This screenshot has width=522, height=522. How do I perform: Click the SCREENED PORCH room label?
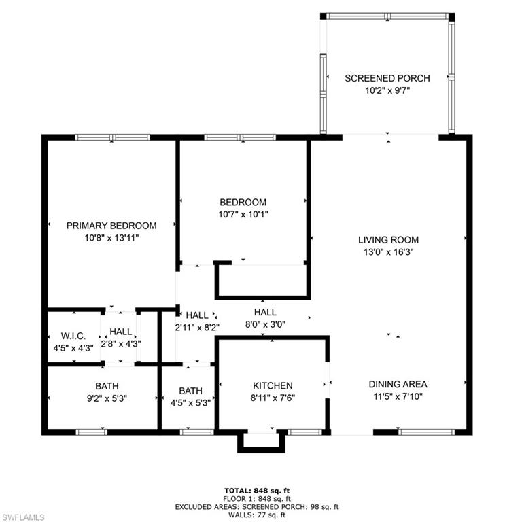[387, 78]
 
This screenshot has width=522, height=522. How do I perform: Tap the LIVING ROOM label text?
[388, 239]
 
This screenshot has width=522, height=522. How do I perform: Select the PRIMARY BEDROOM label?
[111, 226]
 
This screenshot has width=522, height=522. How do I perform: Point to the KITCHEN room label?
[272, 385]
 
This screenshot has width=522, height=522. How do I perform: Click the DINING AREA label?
[398, 384]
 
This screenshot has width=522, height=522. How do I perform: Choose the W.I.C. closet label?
[73, 335]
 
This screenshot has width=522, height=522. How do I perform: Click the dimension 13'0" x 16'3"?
[388, 251]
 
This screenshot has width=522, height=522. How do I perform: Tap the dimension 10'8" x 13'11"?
[111, 238]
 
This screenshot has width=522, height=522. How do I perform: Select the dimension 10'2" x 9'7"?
[387, 90]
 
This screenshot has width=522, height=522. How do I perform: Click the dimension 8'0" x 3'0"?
[264, 324]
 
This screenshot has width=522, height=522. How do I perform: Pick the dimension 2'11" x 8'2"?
[197, 327]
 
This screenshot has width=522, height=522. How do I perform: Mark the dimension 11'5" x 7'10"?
[398, 396]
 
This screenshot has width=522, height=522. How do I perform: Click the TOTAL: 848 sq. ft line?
[261, 490]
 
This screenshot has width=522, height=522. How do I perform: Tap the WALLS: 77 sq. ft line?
[261, 515]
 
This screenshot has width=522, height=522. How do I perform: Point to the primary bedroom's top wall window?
[112, 137]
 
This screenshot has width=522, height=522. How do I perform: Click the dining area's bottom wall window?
[426, 431]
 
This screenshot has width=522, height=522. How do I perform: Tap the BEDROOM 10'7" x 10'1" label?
[243, 208]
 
